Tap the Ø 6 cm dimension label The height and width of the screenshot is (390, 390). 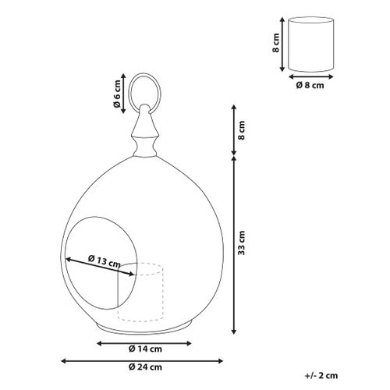pos(117,95)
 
